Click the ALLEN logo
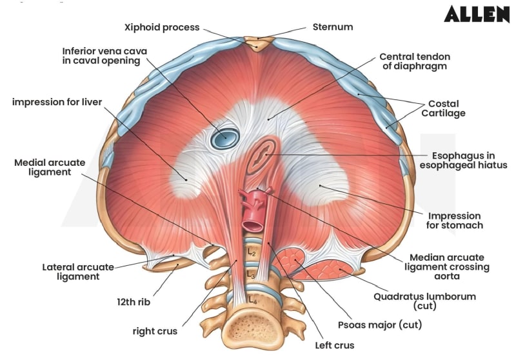476,14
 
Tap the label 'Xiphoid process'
162,27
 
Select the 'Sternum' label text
332,27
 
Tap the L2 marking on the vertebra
252,252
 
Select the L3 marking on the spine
252,274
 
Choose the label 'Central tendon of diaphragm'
413,61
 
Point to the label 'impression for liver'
57,102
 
